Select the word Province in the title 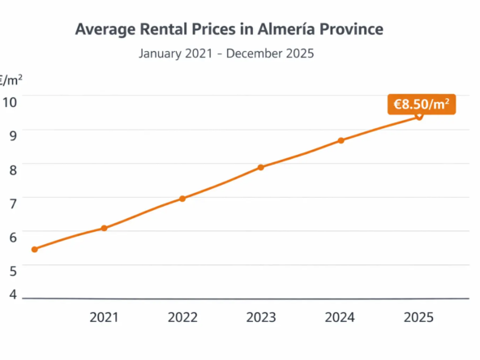[349, 30]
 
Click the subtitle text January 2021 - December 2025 [226, 54]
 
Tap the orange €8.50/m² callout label [422, 104]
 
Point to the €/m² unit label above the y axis [11, 79]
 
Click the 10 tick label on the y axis [10, 101]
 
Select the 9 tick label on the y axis [12, 135]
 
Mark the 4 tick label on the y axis [12, 294]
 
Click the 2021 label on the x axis [104, 317]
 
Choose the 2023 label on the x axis [261, 317]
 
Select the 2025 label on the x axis [419, 317]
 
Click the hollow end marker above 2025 [419, 116]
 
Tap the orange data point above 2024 [341, 141]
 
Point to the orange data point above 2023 [261, 168]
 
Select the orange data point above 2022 [182, 199]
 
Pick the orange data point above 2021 [104, 229]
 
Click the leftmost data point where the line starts [34, 249]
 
